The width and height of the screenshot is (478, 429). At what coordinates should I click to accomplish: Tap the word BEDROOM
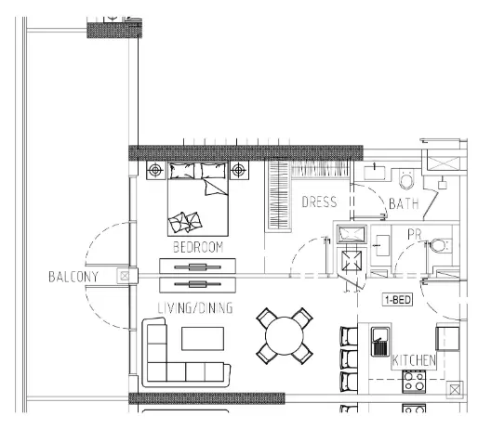tap(199, 247)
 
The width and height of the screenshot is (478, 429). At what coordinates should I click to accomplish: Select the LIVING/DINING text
tap(194, 307)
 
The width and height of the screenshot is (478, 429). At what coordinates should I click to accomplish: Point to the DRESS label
tap(318, 201)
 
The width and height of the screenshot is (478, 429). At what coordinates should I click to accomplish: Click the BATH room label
tap(404, 203)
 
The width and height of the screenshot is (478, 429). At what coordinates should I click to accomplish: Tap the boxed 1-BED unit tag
tap(397, 300)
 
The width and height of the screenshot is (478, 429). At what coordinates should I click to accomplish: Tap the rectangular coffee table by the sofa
tap(204, 337)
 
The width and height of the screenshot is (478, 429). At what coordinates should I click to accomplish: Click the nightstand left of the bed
tap(155, 170)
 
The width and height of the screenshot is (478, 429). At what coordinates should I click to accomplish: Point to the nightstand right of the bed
tap(240, 170)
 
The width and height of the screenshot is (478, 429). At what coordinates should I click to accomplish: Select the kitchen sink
tap(380, 343)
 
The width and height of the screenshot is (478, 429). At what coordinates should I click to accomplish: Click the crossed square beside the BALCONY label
tap(124, 276)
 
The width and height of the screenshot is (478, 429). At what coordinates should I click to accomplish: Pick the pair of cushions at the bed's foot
tap(183, 222)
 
